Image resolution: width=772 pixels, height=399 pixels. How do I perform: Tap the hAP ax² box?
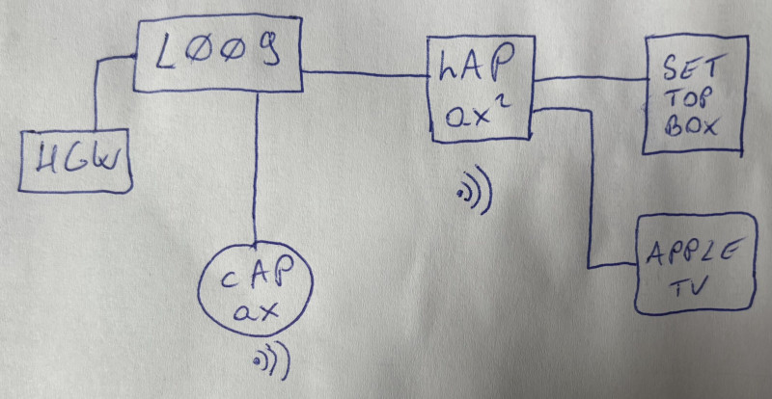tap(480, 91)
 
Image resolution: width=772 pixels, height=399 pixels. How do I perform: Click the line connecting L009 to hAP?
tap(367, 73)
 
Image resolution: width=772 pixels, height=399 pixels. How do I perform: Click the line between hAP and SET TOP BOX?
tap(589, 77)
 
